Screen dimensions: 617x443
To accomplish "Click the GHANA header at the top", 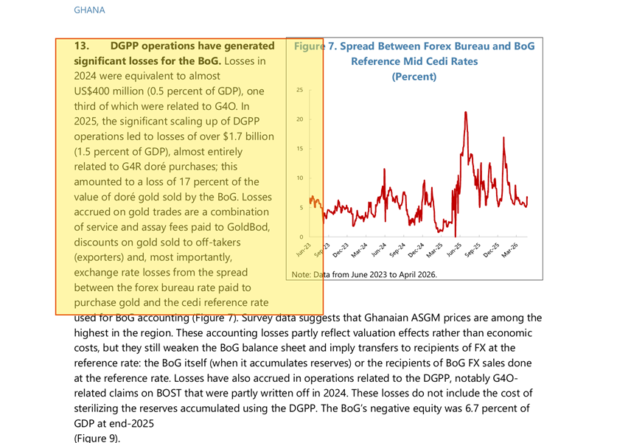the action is tap(89, 10).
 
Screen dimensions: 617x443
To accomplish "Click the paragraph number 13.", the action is tap(81, 46).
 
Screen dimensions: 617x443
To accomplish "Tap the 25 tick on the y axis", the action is tap(300, 90).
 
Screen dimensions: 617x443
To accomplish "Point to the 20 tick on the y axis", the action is tap(300, 119).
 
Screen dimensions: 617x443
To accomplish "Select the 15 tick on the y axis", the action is tap(300, 149).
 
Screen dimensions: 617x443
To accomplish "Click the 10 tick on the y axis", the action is tap(300, 178).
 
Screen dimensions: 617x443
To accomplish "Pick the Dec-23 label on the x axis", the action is tap(341, 250).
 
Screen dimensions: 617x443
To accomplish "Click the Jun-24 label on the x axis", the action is tap(379, 250).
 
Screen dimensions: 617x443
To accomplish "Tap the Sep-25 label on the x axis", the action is tap(473, 250).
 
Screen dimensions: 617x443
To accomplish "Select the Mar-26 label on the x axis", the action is tap(510, 250).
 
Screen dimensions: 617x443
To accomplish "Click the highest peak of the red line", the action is tap(466, 113).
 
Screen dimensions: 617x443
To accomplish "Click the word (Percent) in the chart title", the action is tap(414, 77).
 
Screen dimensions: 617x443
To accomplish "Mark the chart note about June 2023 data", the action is tap(364, 275).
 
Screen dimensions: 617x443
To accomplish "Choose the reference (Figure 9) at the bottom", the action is tap(97, 439).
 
